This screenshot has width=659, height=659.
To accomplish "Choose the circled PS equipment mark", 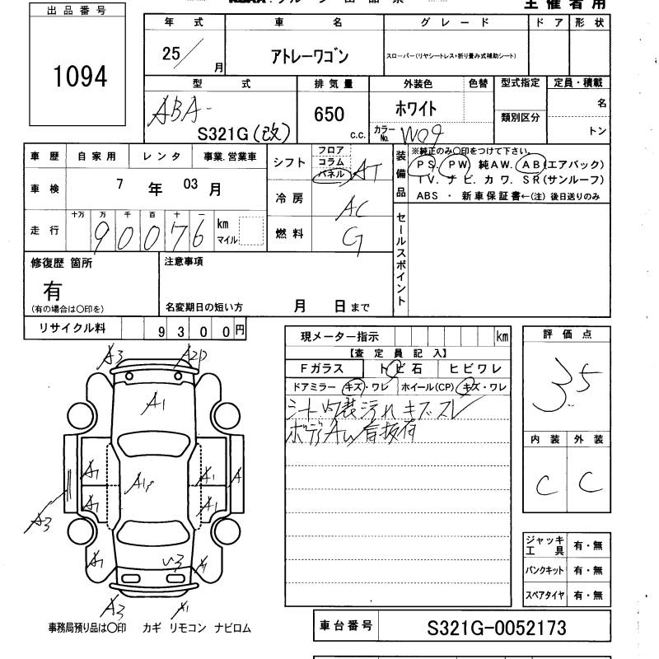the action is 428,165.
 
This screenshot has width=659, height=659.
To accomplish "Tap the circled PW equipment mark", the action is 458,165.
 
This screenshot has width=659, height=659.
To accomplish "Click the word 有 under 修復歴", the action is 53,289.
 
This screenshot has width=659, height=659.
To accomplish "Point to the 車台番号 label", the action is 346,628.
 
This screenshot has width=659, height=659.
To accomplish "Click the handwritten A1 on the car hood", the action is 153,403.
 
